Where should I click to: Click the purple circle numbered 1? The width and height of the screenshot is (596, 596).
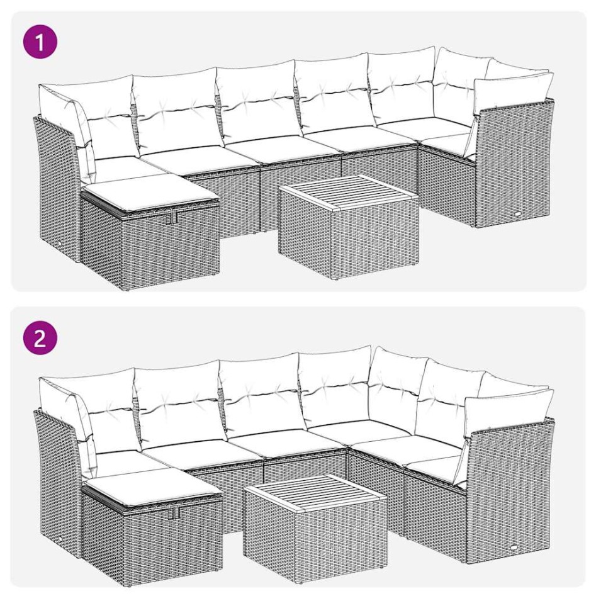tap(40, 43)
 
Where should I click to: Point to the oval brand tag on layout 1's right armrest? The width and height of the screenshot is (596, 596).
tap(517, 214)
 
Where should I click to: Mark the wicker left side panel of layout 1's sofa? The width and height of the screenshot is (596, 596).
tap(57, 189)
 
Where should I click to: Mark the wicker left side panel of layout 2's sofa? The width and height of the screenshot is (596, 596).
tap(57, 478)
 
